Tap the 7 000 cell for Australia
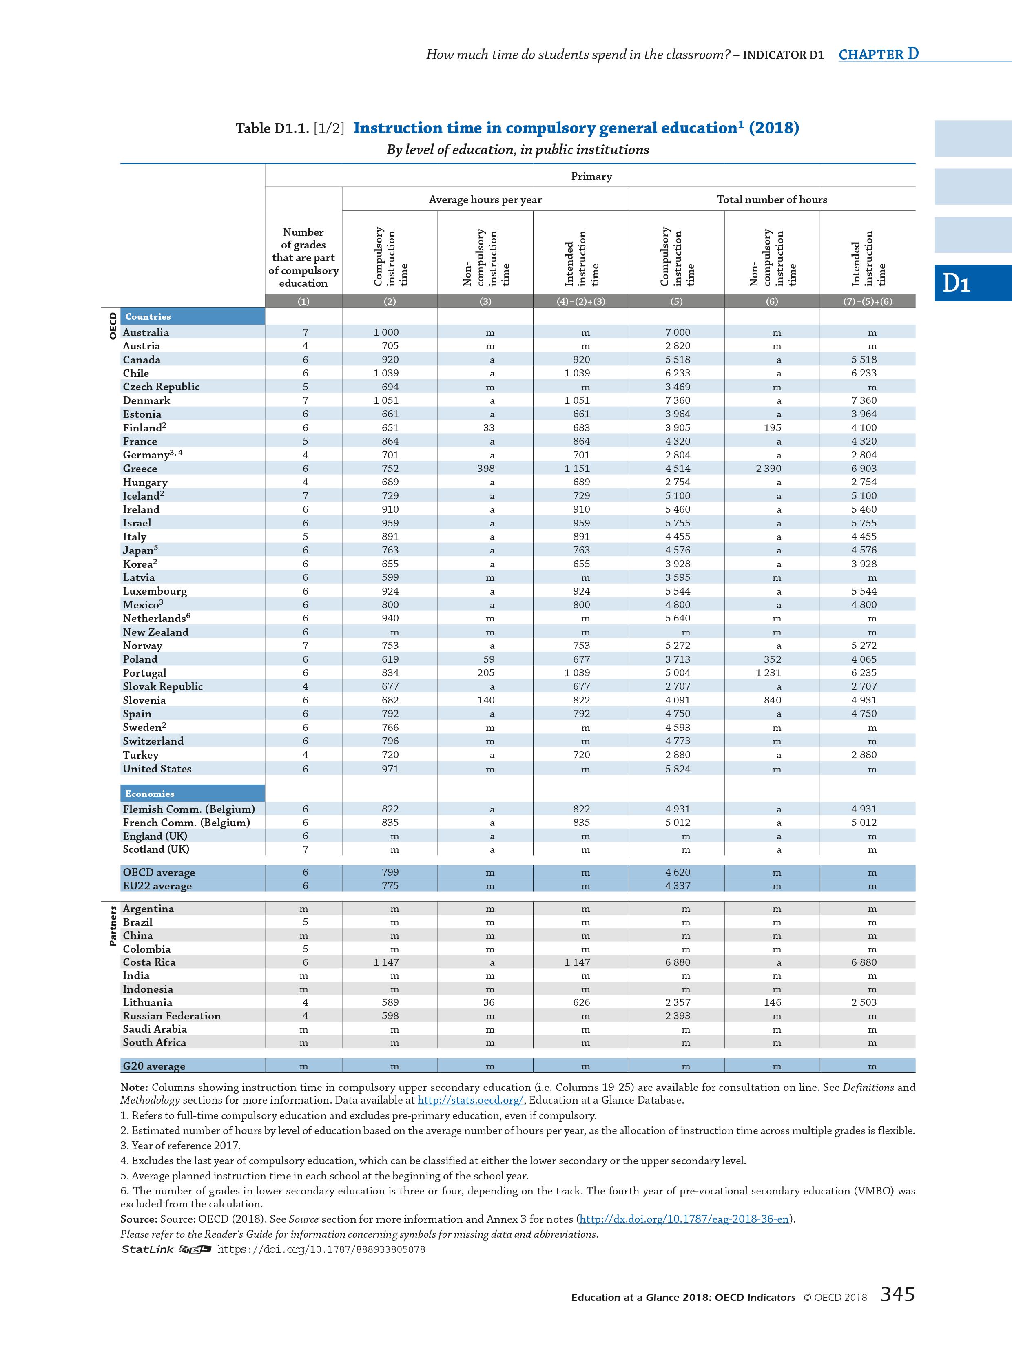[677, 332]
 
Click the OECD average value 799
[390, 872]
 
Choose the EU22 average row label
[157, 886]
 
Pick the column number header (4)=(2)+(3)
[581, 301]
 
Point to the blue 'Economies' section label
[150, 794]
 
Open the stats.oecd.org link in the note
[470, 1101]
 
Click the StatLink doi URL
[321, 1249]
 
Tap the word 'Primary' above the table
[591, 176]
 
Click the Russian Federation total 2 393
[677, 1016]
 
